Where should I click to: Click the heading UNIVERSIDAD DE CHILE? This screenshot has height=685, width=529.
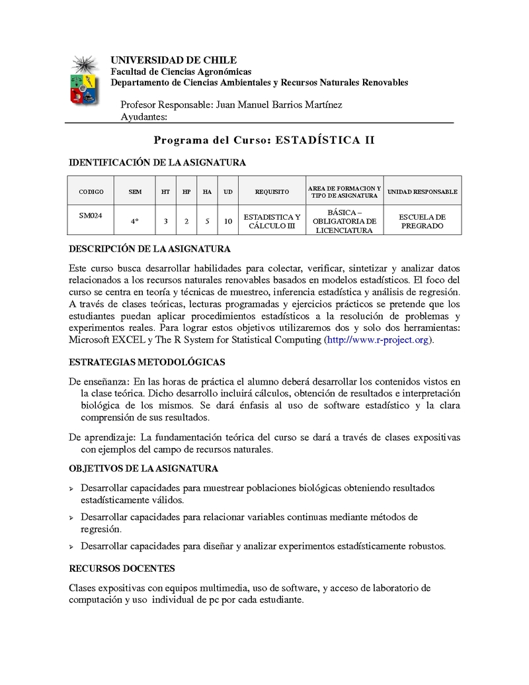tap(173, 60)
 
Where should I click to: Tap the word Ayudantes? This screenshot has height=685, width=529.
tap(144, 117)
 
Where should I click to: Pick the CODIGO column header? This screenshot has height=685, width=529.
tap(91, 192)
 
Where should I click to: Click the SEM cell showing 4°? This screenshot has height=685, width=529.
tap(135, 221)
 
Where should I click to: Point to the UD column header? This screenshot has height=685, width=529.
tap(227, 192)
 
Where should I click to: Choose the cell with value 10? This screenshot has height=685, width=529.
tap(227, 221)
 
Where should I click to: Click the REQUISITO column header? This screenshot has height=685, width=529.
tap(272, 192)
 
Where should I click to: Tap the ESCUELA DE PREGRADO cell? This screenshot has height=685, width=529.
tap(423, 221)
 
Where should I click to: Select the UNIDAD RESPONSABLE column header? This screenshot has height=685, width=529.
tap(423, 192)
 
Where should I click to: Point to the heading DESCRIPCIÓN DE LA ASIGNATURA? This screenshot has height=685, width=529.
tap(150, 250)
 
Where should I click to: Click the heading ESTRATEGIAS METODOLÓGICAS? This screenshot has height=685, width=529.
tap(147, 362)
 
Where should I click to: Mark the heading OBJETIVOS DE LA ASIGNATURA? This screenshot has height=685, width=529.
tap(143, 469)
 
